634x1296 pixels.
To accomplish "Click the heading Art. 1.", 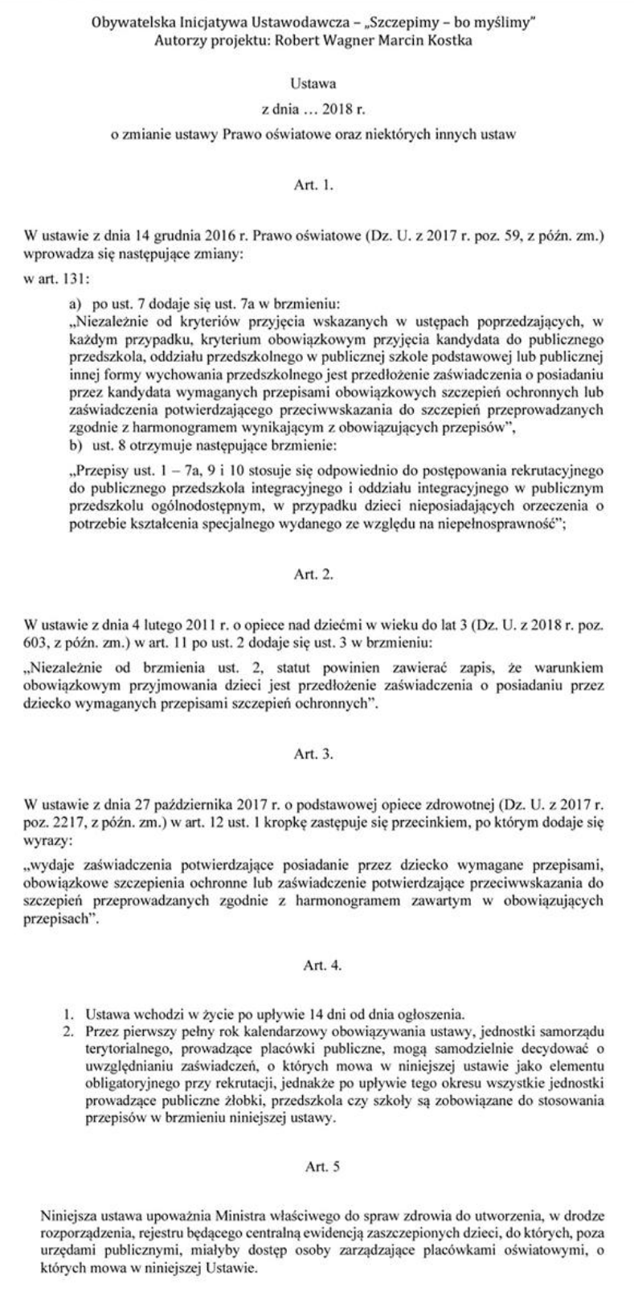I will coord(315,184).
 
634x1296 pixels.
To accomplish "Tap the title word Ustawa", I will coord(315,83).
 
